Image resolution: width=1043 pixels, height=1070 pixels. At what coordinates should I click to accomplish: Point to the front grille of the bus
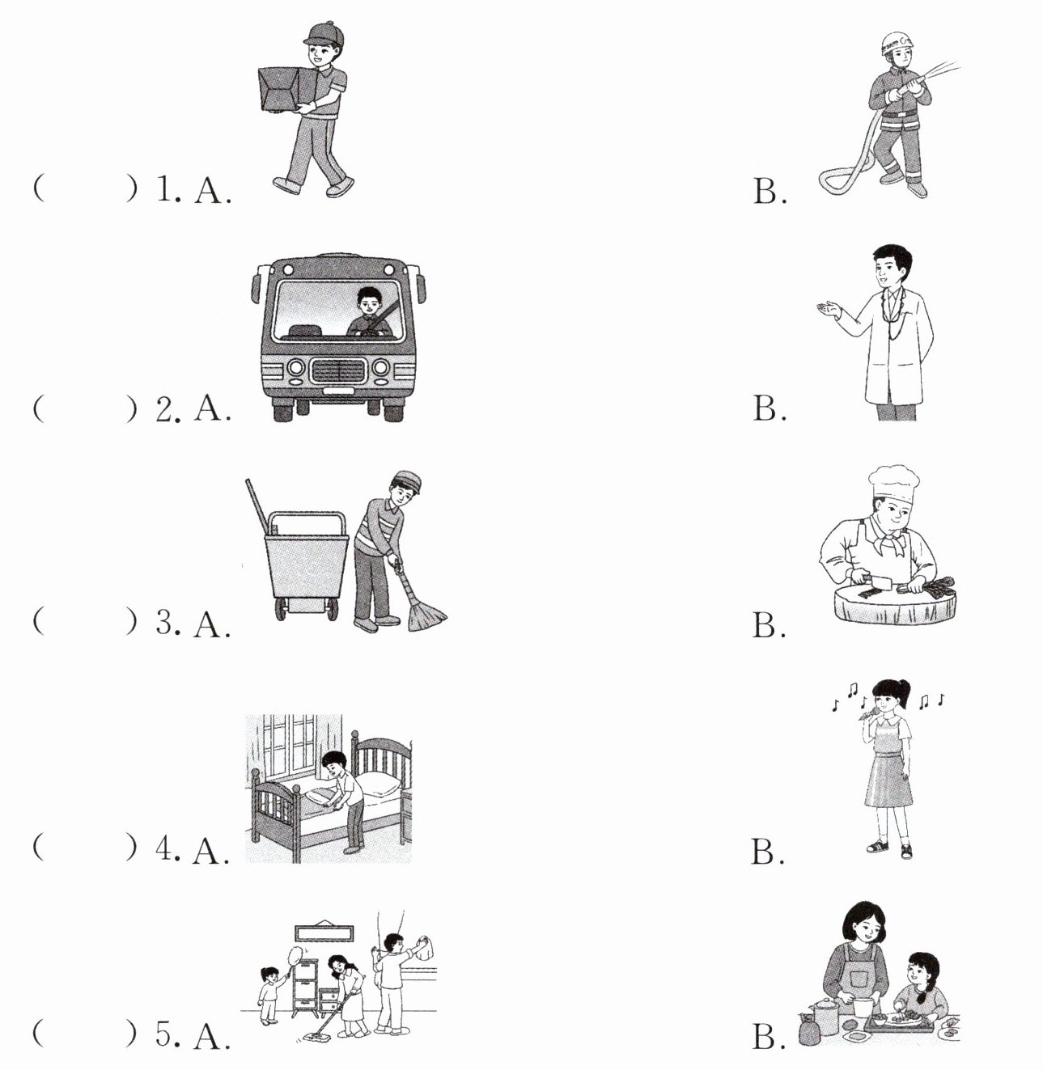click(x=338, y=371)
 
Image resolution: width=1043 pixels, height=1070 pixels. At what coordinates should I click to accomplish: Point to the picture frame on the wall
click(x=324, y=933)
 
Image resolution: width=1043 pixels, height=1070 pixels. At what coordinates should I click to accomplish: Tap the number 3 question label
click(x=167, y=623)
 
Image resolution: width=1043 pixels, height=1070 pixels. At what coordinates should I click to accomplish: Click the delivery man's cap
click(x=323, y=33)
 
